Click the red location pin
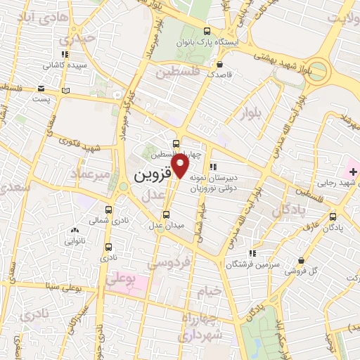(181, 166)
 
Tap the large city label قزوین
(153, 172)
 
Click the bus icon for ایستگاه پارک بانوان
(207, 31)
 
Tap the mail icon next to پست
(41, 89)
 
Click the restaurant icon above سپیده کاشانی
(65, 53)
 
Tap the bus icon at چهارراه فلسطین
(176, 143)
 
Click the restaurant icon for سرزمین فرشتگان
(252, 254)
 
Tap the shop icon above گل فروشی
(301, 260)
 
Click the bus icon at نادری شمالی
(108, 210)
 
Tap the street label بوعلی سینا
(76, 287)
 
